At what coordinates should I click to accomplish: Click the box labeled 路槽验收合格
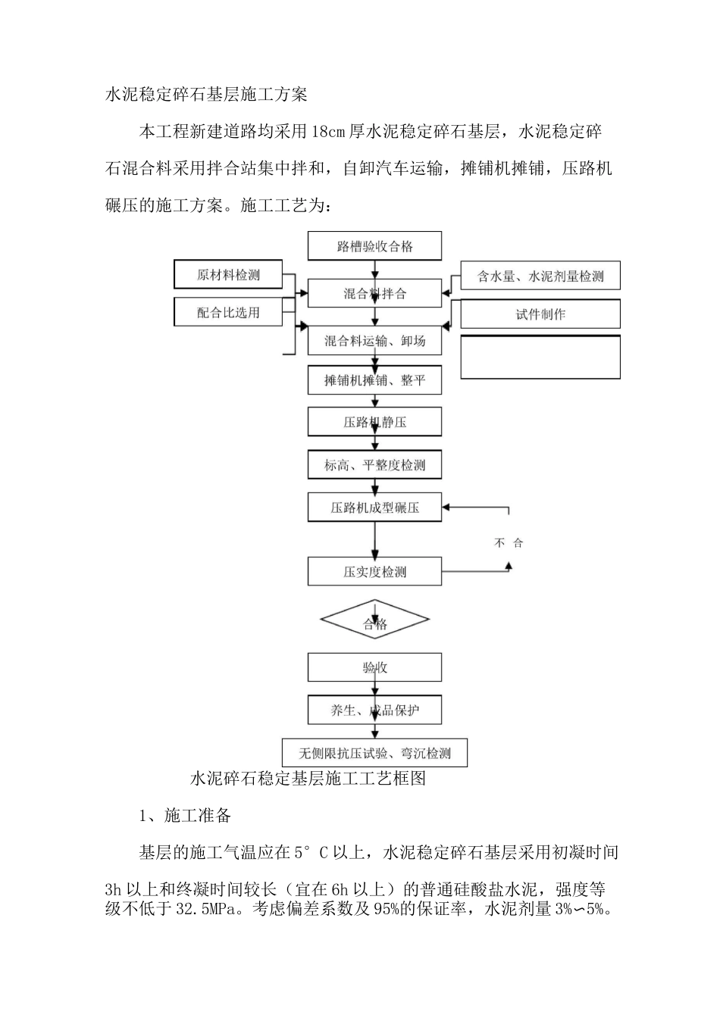click(374, 246)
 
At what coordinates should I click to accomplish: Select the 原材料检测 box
click(228, 275)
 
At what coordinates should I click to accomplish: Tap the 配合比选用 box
click(228, 312)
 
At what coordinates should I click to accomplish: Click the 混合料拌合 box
click(374, 294)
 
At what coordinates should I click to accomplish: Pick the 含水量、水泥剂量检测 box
click(540, 276)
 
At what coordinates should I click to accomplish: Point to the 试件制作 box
click(540, 314)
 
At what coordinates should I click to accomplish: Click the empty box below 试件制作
click(540, 357)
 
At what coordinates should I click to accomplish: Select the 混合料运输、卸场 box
click(374, 341)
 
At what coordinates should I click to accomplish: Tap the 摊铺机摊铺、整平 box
click(374, 380)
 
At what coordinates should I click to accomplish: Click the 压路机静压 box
click(374, 422)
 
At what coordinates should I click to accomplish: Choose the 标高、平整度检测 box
click(374, 465)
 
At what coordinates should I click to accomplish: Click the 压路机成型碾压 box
click(374, 507)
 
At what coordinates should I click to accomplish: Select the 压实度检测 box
click(374, 572)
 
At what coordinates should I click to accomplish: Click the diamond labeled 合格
click(374, 621)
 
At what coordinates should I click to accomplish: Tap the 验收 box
click(374, 667)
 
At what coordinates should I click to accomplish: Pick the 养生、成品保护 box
click(374, 710)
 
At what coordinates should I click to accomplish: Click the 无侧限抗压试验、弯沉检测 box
click(374, 753)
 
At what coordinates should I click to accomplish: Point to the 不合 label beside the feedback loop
click(509, 543)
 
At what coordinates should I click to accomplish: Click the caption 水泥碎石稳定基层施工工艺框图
click(307, 779)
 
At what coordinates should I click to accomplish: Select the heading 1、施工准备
click(185, 816)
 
